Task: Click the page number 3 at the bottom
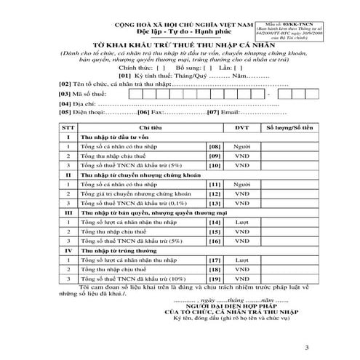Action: click(x=306, y=348)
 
